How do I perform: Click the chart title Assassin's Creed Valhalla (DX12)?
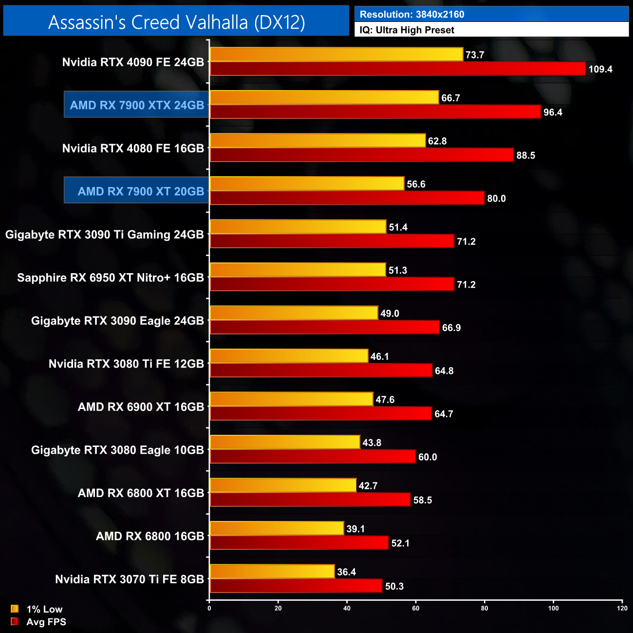(176, 22)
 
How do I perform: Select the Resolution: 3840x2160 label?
(411, 15)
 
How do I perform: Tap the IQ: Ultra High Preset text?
(407, 30)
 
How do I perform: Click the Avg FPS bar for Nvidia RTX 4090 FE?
(397, 69)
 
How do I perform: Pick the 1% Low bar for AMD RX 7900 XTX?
(324, 98)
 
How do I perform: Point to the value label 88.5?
(525, 156)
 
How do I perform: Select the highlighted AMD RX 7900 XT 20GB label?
(141, 192)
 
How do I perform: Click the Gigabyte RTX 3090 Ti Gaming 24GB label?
(104, 235)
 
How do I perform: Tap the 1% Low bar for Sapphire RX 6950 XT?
(298, 270)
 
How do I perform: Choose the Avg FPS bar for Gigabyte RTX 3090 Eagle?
(324, 328)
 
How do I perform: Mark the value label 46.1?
(379, 357)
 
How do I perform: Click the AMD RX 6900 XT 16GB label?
(141, 407)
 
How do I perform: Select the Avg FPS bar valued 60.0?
(313, 457)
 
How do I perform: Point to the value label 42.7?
(368, 486)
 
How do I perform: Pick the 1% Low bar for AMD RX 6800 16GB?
(277, 529)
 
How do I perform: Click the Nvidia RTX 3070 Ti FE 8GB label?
(129, 579)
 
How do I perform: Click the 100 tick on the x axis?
(553, 608)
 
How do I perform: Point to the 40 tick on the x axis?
(347, 608)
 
